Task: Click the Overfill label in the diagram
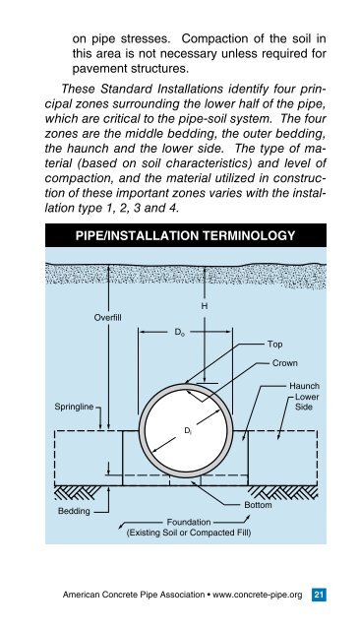[x=107, y=318]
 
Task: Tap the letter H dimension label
[x=205, y=306]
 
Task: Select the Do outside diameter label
[x=179, y=333]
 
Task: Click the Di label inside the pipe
[x=188, y=431]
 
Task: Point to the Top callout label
[x=274, y=345]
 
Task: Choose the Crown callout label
[x=285, y=363]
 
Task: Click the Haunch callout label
[x=305, y=386]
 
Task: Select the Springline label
[x=74, y=407]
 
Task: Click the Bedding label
[x=74, y=511]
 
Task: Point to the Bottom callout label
[x=258, y=505]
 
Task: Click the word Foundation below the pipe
[x=189, y=523]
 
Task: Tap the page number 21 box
[x=319, y=595]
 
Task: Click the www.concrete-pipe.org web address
[x=258, y=595]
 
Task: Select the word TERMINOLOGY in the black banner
[x=249, y=235]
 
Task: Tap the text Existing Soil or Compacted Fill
[x=189, y=533]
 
